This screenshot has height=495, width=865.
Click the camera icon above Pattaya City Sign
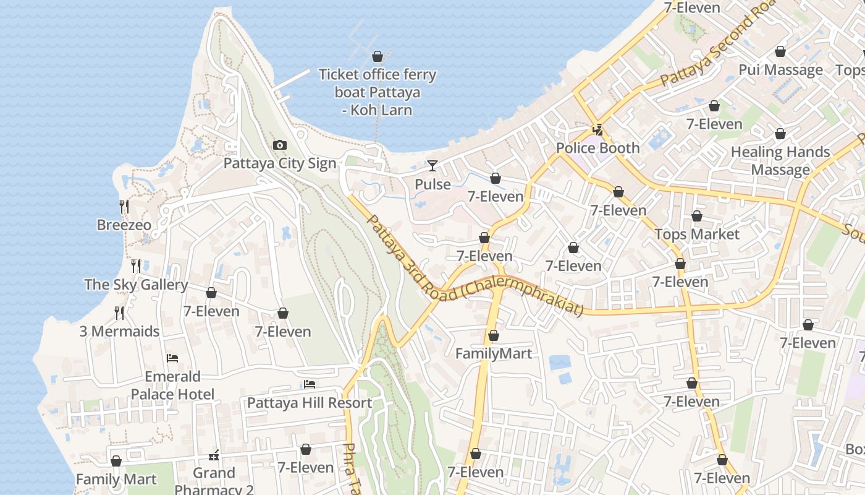279,145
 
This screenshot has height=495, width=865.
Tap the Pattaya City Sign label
279,163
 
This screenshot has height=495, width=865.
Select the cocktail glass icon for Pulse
432,166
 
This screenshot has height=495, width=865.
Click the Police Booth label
597,148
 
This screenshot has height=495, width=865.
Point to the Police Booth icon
597,130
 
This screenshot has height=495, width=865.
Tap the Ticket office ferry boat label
377,92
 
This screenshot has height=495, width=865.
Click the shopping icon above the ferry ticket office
378,57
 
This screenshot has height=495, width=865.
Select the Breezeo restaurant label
124,225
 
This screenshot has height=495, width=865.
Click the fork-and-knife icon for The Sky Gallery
136,266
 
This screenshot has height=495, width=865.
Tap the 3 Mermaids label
119,331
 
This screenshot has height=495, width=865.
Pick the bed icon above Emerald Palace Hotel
172,358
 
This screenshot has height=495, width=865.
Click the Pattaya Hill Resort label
309,403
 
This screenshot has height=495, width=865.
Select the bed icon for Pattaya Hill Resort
310,385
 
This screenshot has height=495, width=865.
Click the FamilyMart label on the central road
493,353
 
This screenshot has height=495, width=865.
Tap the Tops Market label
696,234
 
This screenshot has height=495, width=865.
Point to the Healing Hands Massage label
780,160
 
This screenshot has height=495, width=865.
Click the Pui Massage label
780,69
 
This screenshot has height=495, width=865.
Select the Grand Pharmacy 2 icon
214,455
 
